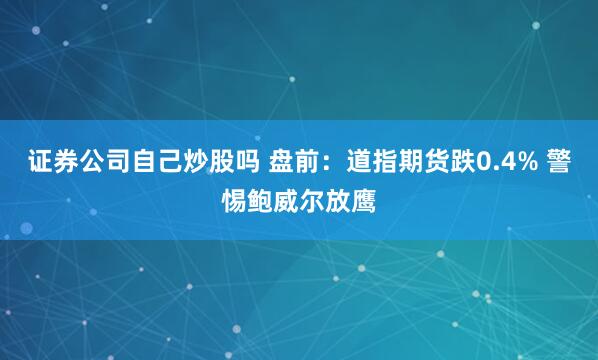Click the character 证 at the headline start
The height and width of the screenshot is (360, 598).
(24, 162)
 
